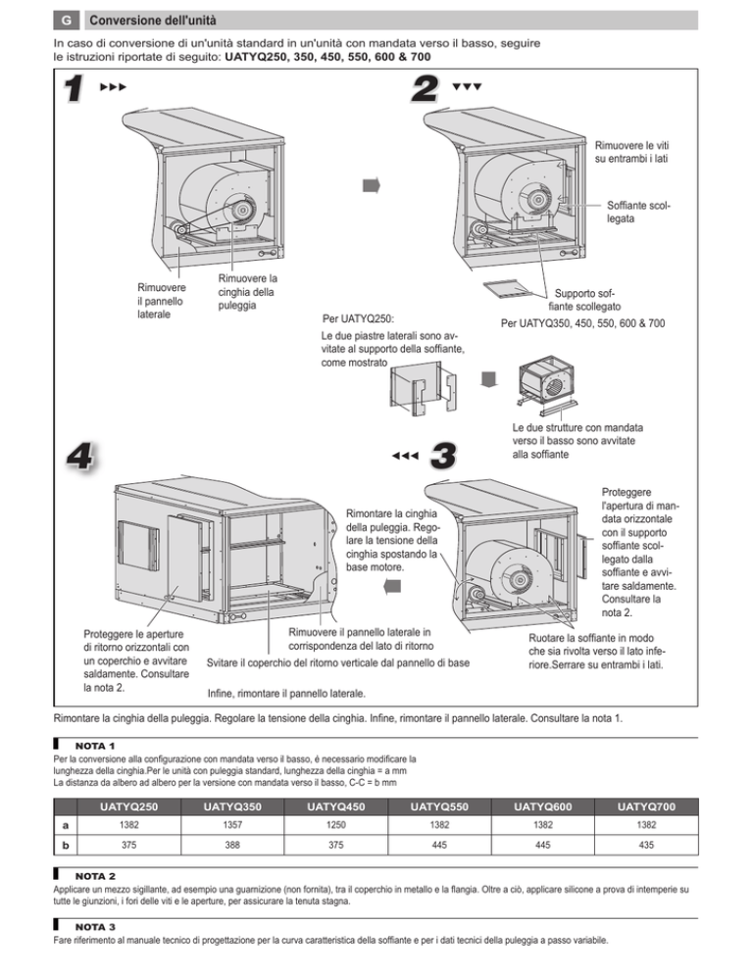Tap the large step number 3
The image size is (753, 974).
point(443,456)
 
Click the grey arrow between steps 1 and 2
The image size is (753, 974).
point(371,185)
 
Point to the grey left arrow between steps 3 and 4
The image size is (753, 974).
point(391,585)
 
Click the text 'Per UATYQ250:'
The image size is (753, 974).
point(358,318)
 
